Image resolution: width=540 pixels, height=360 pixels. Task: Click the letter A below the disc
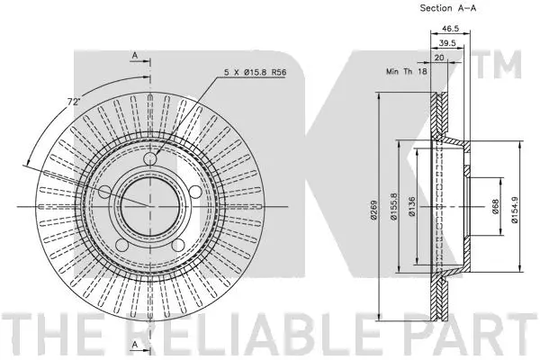pos(133,345)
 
